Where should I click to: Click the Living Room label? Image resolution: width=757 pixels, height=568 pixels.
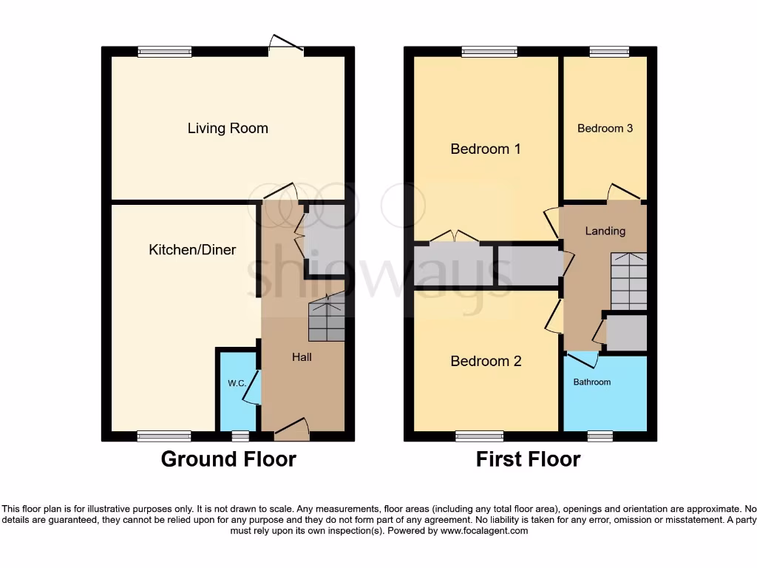pyautogui.click(x=228, y=128)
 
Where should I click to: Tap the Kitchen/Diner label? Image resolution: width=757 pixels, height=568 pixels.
pyautogui.click(x=192, y=250)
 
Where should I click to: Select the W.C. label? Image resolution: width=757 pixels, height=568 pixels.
pyautogui.click(x=237, y=383)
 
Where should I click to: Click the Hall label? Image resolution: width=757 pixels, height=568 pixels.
pyautogui.click(x=302, y=357)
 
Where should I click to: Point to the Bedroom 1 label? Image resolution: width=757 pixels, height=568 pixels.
pyautogui.click(x=486, y=149)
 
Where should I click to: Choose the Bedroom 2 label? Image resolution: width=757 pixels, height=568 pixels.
pyautogui.click(x=486, y=361)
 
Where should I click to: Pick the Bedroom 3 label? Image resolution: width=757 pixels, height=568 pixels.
pyautogui.click(x=605, y=128)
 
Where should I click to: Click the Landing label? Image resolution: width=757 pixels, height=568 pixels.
pyautogui.click(x=605, y=231)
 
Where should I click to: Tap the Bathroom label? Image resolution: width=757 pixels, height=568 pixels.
pyautogui.click(x=592, y=382)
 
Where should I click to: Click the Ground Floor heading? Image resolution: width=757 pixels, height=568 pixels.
pyautogui.click(x=228, y=459)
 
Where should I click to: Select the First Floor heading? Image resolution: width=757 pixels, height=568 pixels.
pyautogui.click(x=528, y=459)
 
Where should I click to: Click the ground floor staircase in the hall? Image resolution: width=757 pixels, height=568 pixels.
pyautogui.click(x=326, y=318)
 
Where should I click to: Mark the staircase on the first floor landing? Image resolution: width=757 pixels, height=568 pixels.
pyautogui.click(x=628, y=281)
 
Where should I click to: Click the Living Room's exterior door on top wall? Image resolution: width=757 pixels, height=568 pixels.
pyautogui.click(x=286, y=49)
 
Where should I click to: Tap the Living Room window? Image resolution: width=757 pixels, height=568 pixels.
pyautogui.click(x=165, y=52)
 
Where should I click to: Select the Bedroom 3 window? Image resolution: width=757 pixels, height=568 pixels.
pyautogui.click(x=609, y=52)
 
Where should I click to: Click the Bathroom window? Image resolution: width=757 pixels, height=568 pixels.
pyautogui.click(x=600, y=436)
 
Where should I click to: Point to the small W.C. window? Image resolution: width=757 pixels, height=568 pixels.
pyautogui.click(x=240, y=436)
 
